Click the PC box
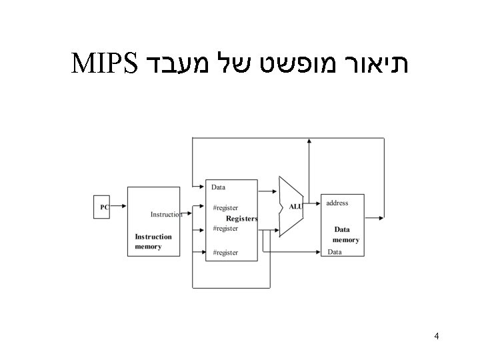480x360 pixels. (103, 207)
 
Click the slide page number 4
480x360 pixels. (436, 336)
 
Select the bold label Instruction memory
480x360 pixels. (153, 241)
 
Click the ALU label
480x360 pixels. (295, 207)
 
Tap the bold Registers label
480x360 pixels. (241, 218)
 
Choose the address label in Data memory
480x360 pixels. (337, 203)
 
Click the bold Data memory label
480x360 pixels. (346, 235)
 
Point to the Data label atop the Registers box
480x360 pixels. (219, 187)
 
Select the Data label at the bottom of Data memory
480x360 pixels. (335, 252)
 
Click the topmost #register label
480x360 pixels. (225, 208)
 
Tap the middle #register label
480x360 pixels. (225, 228)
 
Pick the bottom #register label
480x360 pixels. (225, 253)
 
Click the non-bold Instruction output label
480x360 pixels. (166, 214)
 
